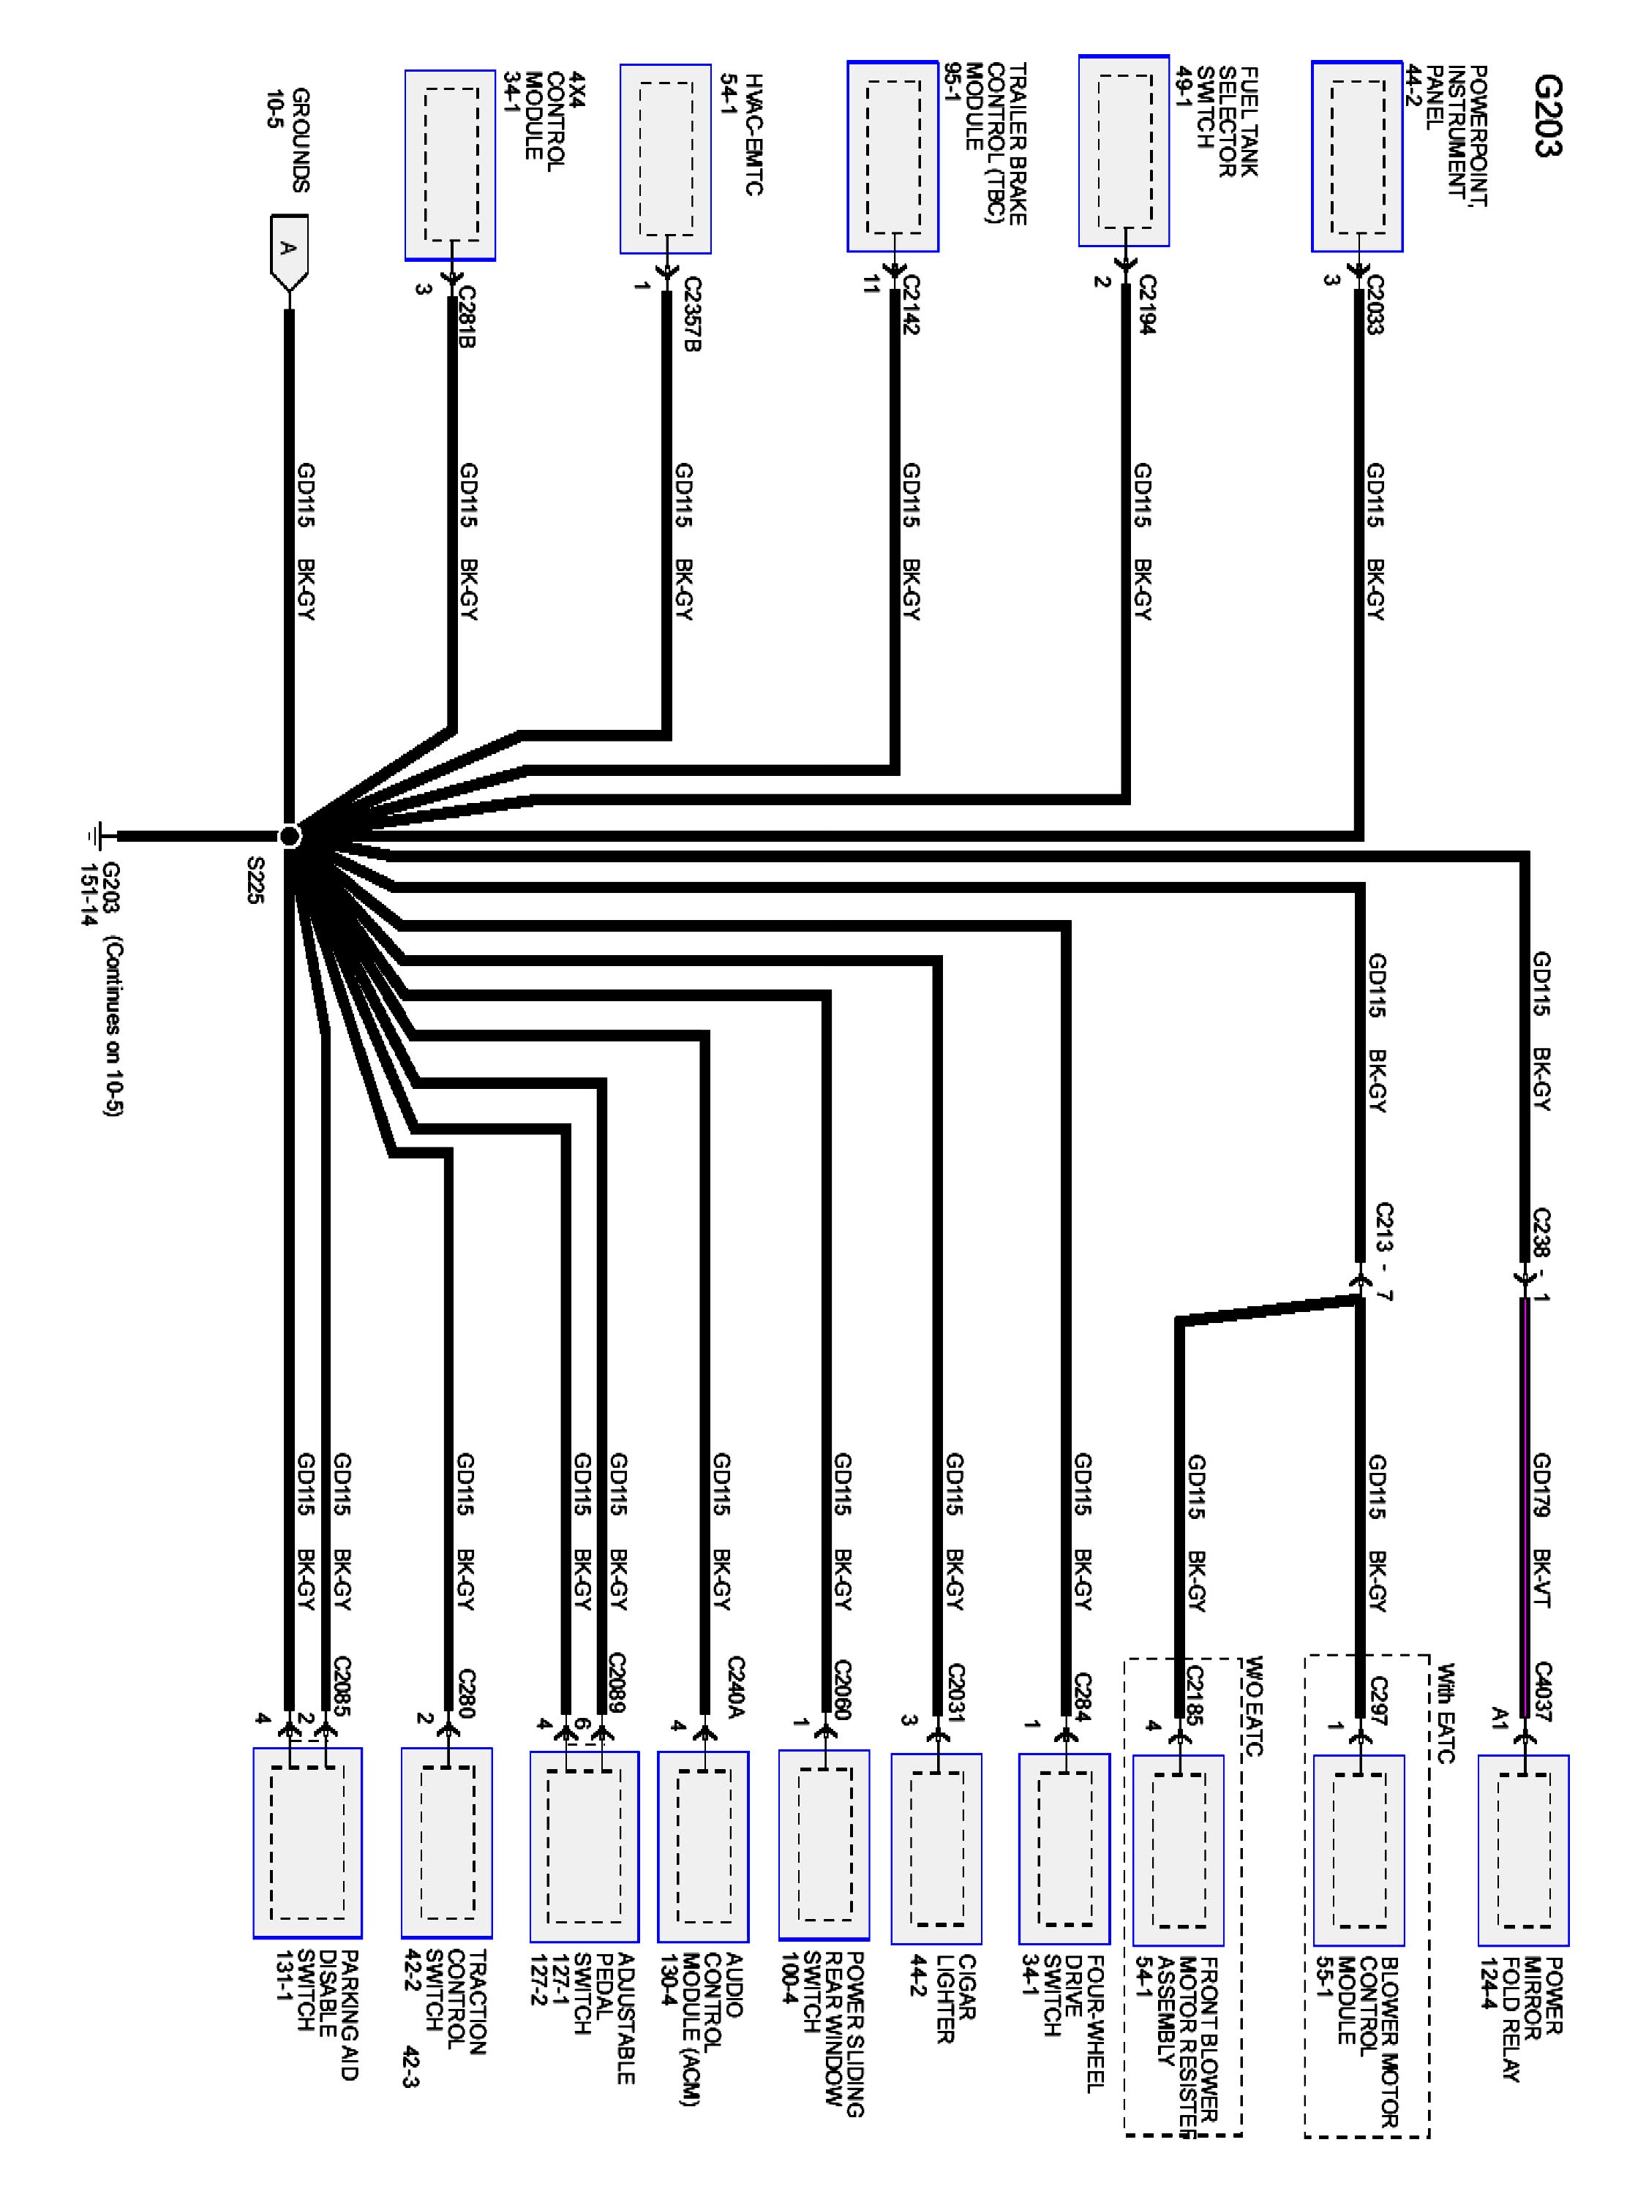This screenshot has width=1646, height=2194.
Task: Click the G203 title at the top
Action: click(1546, 116)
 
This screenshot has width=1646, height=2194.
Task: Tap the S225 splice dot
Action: click(289, 836)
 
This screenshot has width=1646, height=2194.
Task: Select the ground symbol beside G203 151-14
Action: click(97, 836)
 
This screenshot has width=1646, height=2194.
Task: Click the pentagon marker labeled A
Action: click(288, 251)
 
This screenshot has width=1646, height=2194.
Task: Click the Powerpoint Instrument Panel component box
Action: click(1356, 157)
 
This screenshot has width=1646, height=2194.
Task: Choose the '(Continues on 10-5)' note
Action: click(111, 1027)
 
